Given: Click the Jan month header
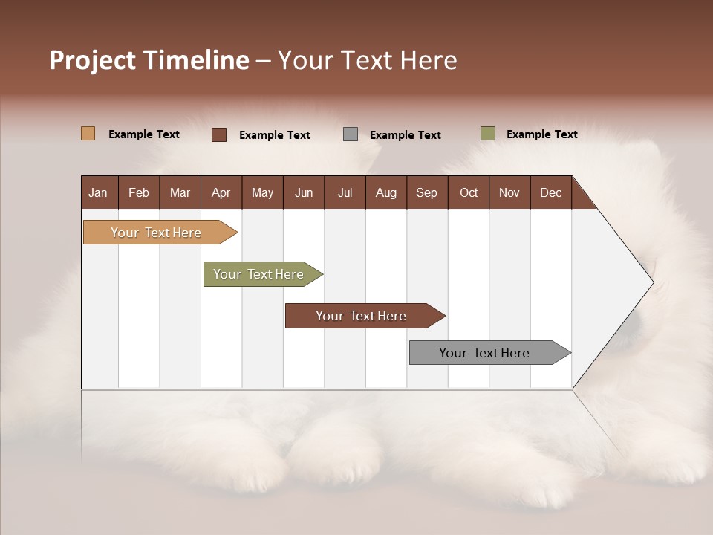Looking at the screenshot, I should point(99,192).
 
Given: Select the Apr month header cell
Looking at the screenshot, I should point(221,192).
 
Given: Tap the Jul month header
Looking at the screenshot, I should point(345,192).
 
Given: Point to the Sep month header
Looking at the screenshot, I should point(427,192).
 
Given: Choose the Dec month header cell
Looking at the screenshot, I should point(551,192).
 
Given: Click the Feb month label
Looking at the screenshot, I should point(139,192).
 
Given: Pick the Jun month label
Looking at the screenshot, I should point(304,192).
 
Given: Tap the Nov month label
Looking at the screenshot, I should point(509,192).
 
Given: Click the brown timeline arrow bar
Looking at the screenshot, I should point(362,316).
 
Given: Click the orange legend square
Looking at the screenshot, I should point(88,134).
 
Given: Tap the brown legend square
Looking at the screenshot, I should point(219,134).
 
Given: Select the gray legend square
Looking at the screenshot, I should point(351,134).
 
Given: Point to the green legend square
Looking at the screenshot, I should point(488,134).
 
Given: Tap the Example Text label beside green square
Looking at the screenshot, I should point(541,134).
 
